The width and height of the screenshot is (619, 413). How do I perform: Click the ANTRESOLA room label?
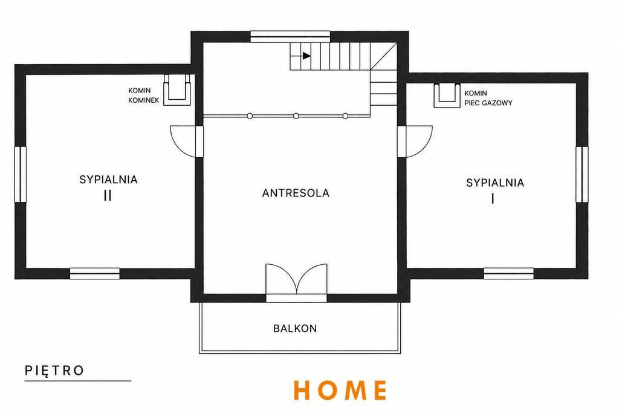point(296,193)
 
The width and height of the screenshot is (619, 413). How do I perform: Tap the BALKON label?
point(295,328)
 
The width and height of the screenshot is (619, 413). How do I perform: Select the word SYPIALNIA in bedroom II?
point(108,180)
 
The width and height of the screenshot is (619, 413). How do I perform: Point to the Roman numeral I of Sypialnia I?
point(493,198)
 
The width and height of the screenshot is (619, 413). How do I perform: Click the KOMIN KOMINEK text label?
point(144,96)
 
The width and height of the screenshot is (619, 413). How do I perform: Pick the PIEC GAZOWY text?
point(488,103)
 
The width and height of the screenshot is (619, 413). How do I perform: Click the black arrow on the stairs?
point(306,56)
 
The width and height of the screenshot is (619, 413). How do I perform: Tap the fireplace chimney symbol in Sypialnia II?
point(177,89)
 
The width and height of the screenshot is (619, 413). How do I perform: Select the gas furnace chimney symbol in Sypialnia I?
point(447,96)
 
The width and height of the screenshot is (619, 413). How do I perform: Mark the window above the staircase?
point(290,36)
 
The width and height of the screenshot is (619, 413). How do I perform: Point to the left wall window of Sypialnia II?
point(20,174)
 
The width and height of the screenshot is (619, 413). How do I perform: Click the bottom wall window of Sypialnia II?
point(95,274)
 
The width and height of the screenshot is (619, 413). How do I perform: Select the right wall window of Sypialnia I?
point(582,174)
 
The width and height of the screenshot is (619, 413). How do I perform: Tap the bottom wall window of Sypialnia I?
point(508,274)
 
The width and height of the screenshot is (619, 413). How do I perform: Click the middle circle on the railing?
point(296,116)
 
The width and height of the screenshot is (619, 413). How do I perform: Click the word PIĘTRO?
point(54,371)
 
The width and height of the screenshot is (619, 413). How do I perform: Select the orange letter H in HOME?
point(303,389)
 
